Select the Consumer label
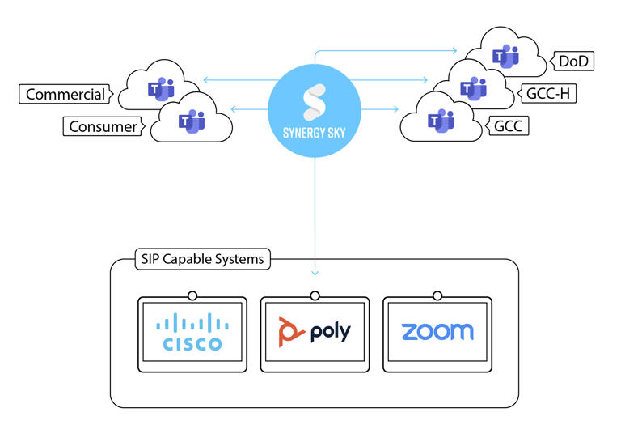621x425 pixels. (103, 126)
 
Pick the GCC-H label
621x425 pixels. (547, 94)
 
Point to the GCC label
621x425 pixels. (507, 126)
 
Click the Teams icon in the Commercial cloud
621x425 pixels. (160, 89)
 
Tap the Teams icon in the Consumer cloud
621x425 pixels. (192, 121)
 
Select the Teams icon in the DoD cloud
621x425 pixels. (507, 56)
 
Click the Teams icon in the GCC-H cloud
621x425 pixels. (473, 87)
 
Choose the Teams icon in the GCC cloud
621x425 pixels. (441, 121)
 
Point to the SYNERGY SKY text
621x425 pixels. (314, 134)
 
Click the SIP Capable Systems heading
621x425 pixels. (202, 260)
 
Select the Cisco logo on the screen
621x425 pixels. (192, 333)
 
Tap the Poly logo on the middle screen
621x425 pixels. (315, 333)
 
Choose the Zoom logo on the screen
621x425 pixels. (437, 332)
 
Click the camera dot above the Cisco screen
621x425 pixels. (192, 295)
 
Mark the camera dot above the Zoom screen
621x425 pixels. (437, 295)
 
